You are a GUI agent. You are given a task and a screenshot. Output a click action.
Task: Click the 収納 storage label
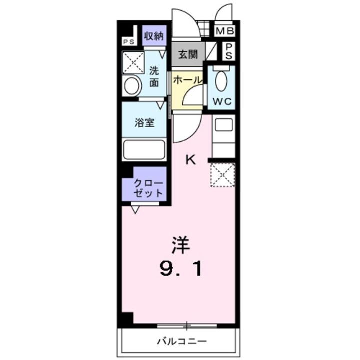[x=154, y=36]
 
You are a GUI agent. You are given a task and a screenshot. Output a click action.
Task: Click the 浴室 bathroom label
[x=145, y=123]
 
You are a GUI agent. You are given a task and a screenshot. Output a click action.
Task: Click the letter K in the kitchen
[x=190, y=160]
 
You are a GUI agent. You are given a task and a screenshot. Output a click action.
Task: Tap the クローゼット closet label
[x=148, y=188]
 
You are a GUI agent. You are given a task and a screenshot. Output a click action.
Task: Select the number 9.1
[x=181, y=270]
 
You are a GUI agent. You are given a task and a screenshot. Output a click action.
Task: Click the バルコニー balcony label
[x=182, y=342]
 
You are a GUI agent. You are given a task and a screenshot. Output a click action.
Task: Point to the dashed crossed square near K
[x=221, y=175]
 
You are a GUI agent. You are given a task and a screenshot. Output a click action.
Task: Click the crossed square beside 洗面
[x=134, y=63]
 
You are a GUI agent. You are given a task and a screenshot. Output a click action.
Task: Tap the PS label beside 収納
[x=129, y=42]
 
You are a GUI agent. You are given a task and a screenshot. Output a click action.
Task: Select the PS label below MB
[x=228, y=51]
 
